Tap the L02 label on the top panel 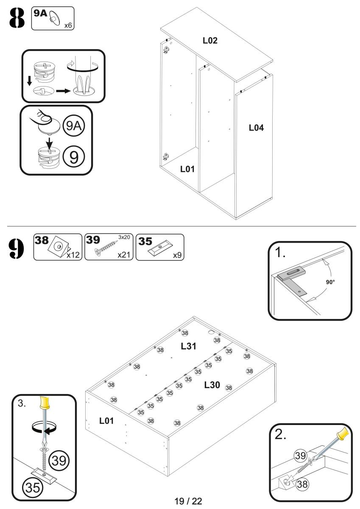[x=210, y=41]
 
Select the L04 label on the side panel [x=256, y=127]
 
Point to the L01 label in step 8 [x=187, y=169]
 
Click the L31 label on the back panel [x=188, y=346]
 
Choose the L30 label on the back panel [x=212, y=385]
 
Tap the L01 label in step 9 [x=107, y=421]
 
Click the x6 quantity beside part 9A [x=67, y=25]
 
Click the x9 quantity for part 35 [x=177, y=255]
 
